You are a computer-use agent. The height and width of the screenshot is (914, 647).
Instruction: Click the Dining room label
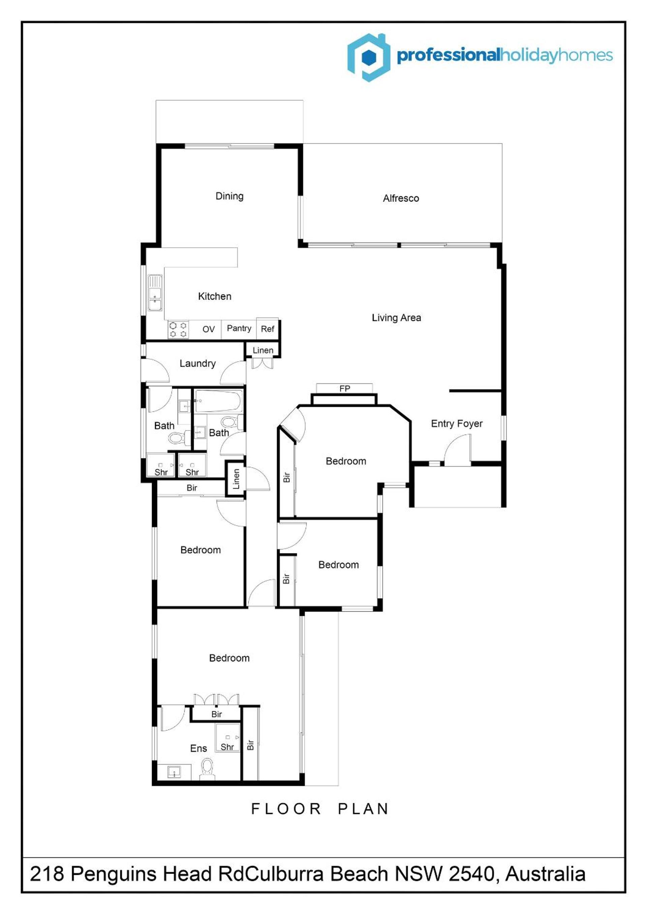point(229,196)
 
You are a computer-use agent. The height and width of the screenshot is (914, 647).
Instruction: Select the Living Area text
point(396,318)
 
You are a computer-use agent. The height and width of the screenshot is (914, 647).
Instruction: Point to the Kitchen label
point(215,296)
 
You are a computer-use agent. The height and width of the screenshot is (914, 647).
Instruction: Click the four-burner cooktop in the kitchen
point(178,329)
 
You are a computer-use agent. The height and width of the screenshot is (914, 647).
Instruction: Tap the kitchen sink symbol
point(155,293)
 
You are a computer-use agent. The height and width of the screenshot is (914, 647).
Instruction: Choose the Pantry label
point(239,328)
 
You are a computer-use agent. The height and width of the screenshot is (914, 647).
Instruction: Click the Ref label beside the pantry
point(267,329)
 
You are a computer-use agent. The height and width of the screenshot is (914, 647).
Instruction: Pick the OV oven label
point(208,329)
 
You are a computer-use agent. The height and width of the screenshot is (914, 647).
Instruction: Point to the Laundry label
point(197,363)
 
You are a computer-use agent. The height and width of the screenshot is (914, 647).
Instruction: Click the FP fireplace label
point(345,388)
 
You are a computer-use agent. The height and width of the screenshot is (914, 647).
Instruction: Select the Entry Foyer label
point(457,424)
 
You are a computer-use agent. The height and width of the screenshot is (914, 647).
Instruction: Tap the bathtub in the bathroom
point(218,401)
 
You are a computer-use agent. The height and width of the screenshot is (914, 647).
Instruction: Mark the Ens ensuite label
point(198,748)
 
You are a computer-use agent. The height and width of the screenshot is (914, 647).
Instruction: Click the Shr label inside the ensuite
point(227,747)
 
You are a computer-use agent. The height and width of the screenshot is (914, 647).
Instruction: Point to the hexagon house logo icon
point(369,57)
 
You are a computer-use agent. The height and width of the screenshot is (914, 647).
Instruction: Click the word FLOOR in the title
point(286,809)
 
